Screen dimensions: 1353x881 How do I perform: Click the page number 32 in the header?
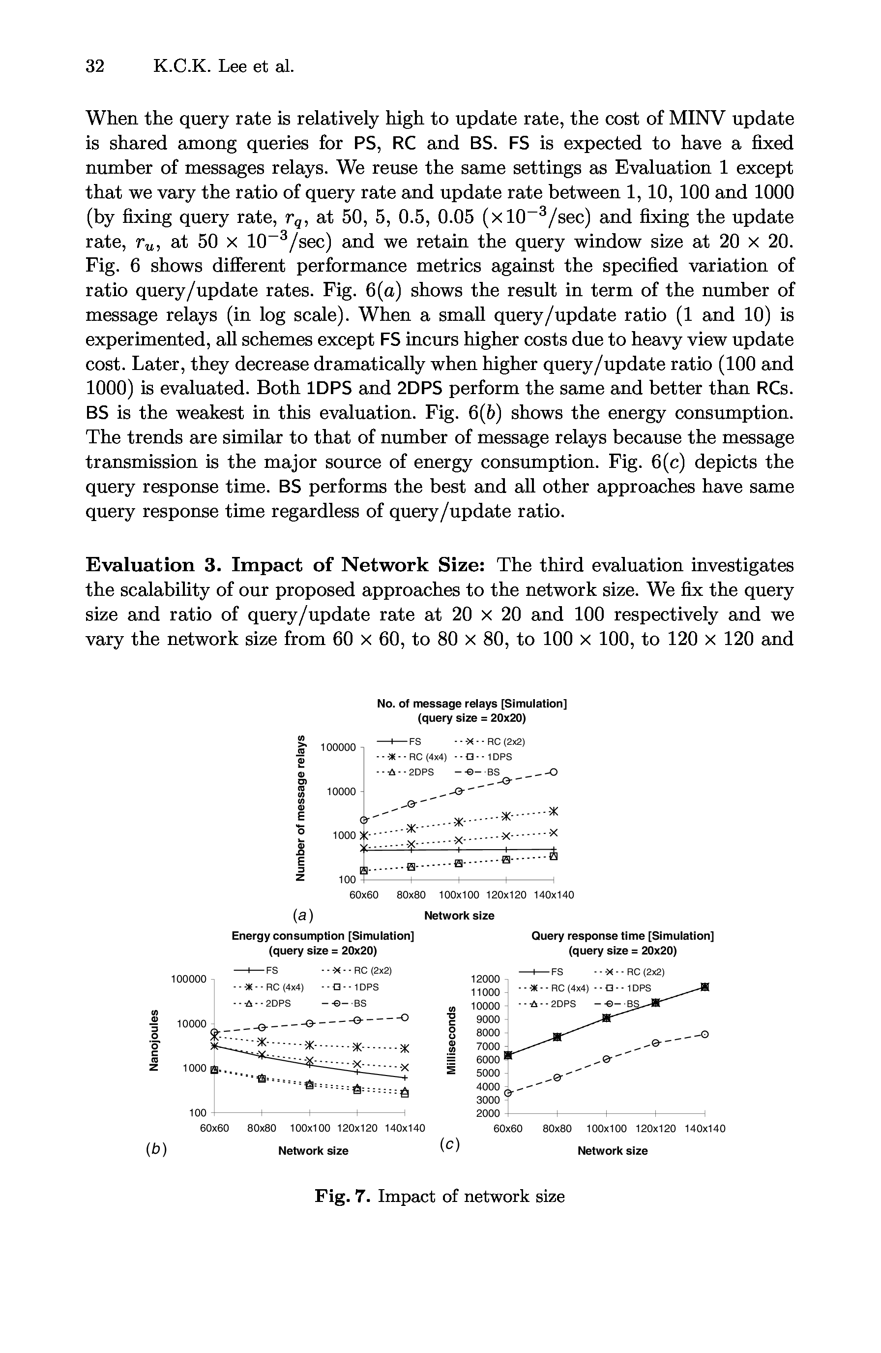click(95, 66)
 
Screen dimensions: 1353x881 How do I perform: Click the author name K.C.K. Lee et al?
click(224, 66)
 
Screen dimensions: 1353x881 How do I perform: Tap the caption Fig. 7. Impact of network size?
click(440, 1197)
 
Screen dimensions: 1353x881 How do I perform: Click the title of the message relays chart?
click(471, 710)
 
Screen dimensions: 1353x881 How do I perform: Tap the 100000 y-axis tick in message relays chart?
click(337, 747)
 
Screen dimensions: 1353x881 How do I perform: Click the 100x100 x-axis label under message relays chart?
click(459, 895)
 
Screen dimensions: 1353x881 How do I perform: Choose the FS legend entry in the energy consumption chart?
click(256, 970)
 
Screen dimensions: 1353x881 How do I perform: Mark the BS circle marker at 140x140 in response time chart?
click(705, 1034)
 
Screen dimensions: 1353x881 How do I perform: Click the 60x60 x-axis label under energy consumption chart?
click(214, 1128)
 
